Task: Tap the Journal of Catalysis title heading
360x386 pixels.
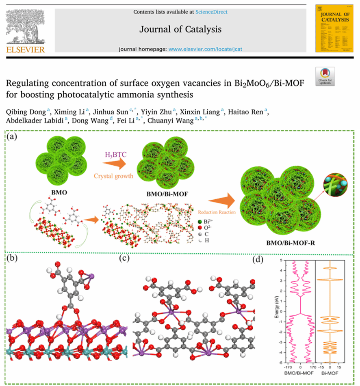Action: [x=180, y=29]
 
